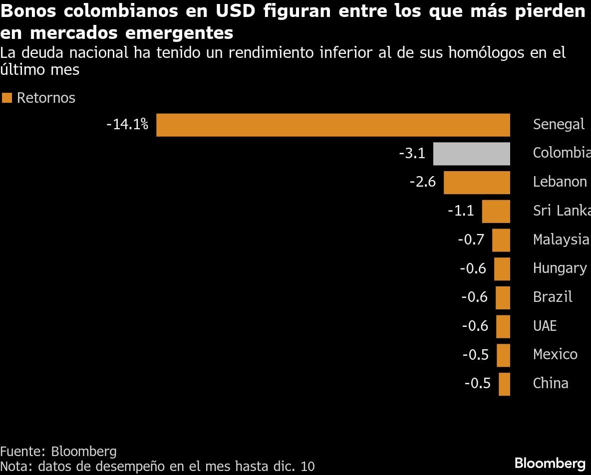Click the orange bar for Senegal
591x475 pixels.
coord(333,125)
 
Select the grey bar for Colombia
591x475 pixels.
coord(471,154)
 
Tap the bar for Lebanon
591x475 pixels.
coord(477,182)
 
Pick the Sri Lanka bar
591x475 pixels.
coord(496,211)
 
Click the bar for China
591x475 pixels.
coord(504,384)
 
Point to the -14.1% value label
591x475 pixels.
coord(127,124)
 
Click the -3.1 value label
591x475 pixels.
coord(412,153)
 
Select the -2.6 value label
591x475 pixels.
coord(422,182)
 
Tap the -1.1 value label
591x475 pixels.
coord(460,211)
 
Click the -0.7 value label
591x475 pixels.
coord(471,239)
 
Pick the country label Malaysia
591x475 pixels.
coord(561,239)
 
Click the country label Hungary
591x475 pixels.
coord(560,268)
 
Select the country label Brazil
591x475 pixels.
coord(553,297)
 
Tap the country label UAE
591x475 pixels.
coord(545,326)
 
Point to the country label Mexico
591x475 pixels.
coord(555,354)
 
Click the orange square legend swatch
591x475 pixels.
coord(7,98)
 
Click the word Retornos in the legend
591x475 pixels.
coord(46,98)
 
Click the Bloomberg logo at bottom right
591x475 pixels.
coord(550,462)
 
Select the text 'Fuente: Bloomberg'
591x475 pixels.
coord(58,452)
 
